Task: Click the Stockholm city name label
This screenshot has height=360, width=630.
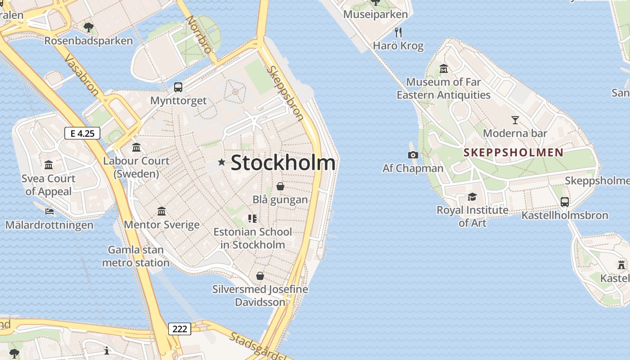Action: (x=283, y=162)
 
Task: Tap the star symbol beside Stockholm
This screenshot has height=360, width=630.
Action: (x=221, y=162)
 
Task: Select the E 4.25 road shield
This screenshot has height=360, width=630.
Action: (x=82, y=133)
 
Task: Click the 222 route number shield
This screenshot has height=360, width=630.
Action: (x=180, y=329)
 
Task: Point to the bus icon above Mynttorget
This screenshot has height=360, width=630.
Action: (x=178, y=87)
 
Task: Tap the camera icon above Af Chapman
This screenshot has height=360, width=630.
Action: (x=413, y=155)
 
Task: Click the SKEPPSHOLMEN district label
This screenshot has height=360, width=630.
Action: (x=513, y=152)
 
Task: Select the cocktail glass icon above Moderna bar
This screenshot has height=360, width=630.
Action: (x=515, y=120)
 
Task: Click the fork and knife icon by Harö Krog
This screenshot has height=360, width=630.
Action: (x=398, y=32)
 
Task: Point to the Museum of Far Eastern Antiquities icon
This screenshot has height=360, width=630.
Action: (x=444, y=69)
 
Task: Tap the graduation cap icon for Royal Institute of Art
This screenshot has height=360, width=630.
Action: (x=472, y=197)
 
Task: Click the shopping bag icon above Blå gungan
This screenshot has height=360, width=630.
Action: (x=280, y=186)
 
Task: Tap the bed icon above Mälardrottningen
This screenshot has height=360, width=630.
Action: (x=49, y=211)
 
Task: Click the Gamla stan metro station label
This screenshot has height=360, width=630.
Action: (x=136, y=256)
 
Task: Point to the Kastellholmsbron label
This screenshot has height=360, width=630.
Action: (x=565, y=216)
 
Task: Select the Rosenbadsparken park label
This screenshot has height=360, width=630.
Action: (x=89, y=41)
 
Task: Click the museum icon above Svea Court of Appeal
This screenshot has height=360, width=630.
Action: (x=49, y=165)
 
